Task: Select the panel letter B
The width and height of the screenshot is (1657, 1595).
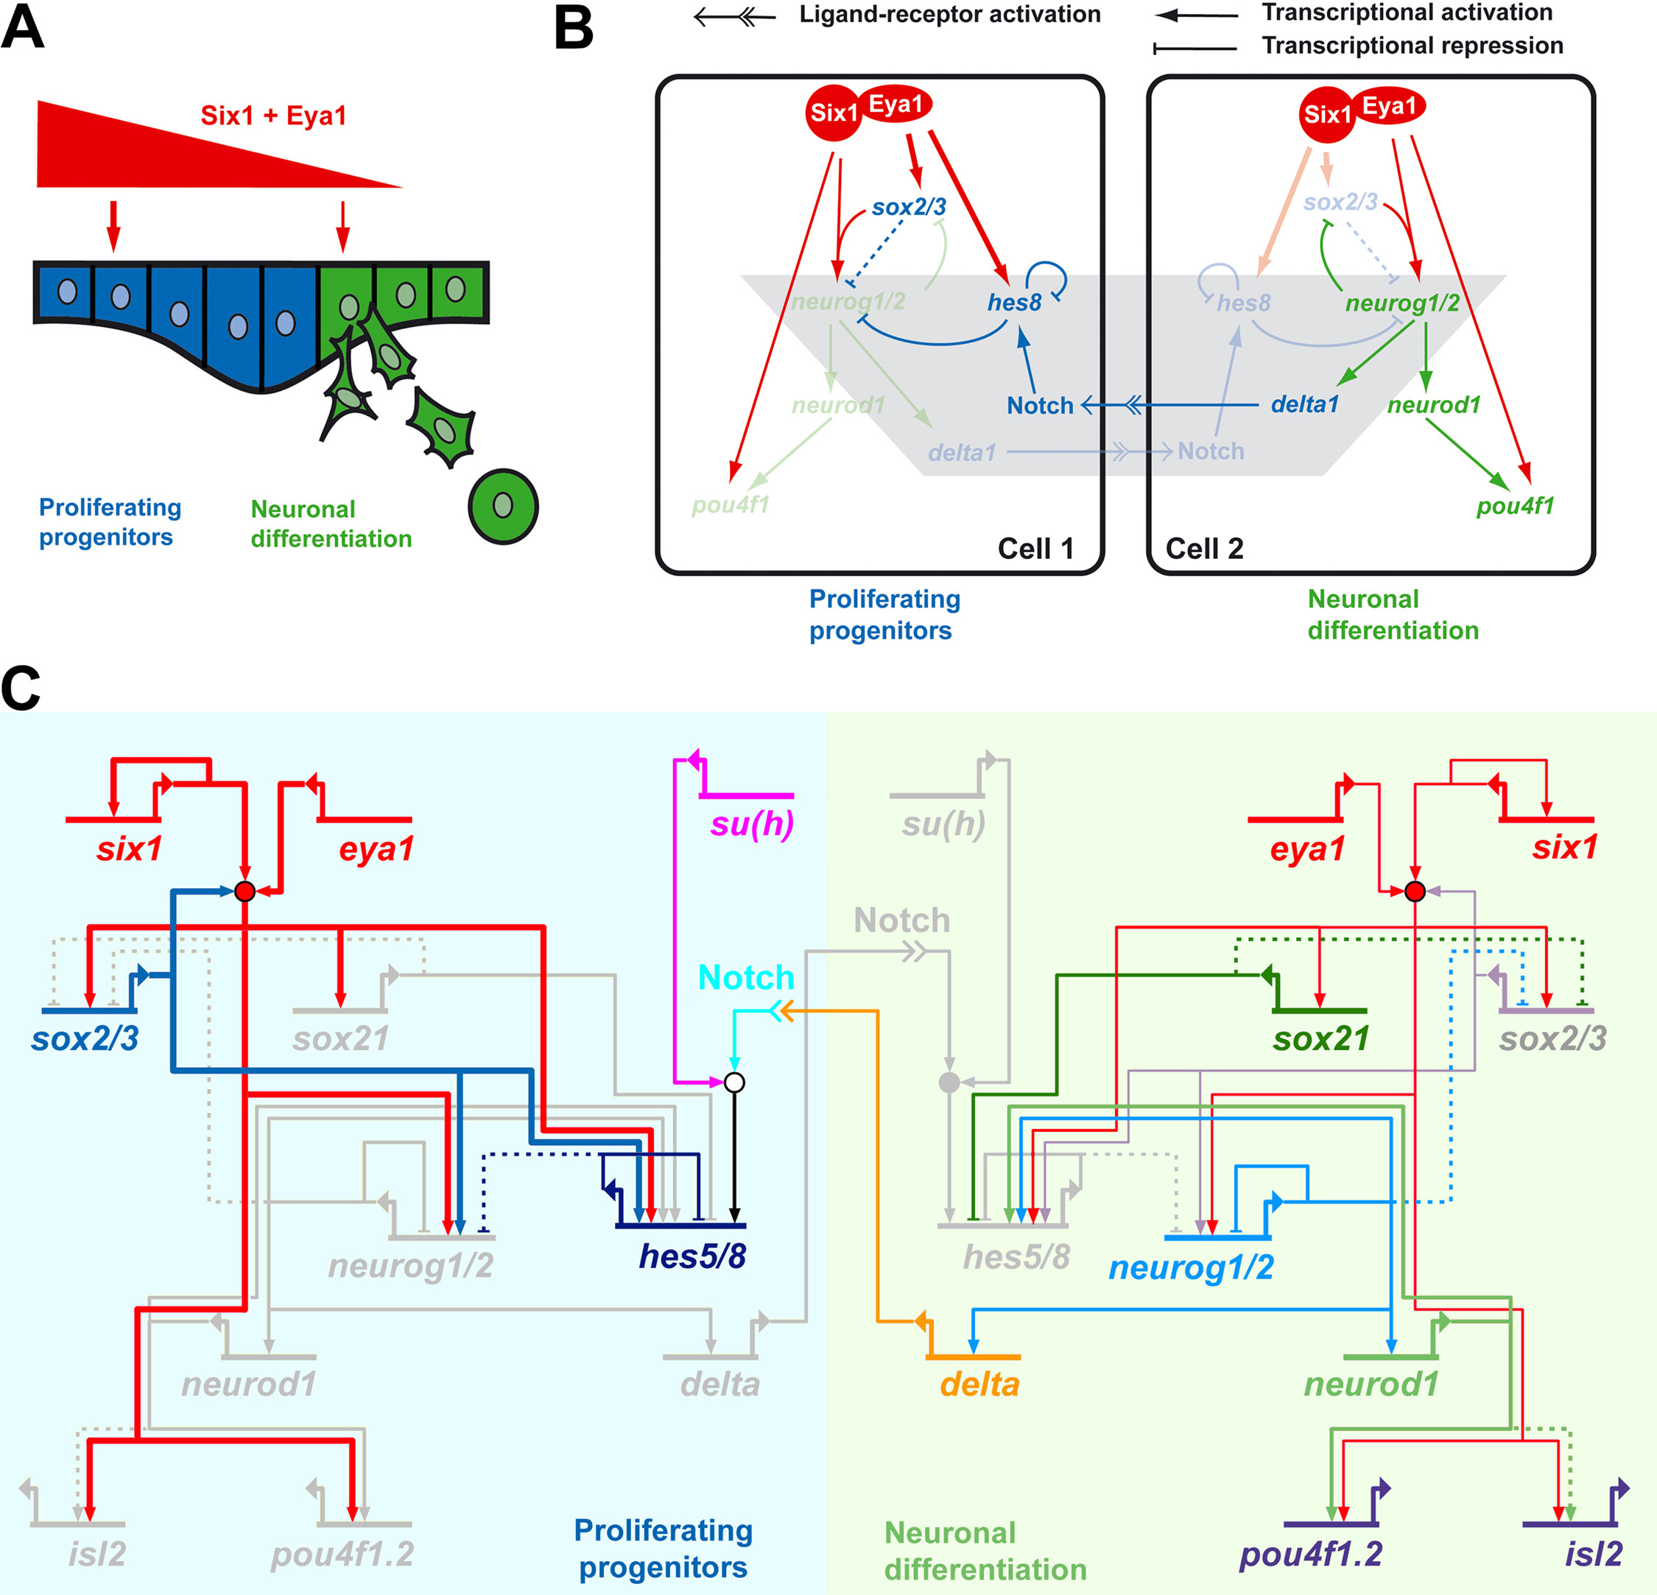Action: click(573, 29)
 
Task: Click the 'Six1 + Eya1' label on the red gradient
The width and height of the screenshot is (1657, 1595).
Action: click(273, 116)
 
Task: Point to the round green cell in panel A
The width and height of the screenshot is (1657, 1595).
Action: click(503, 507)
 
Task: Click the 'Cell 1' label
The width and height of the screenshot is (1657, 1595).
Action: click(1035, 549)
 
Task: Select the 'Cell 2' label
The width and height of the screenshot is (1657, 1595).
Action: click(1204, 549)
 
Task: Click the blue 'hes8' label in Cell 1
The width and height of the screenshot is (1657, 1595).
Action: click(1015, 303)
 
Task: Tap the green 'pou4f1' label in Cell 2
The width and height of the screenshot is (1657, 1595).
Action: click(1515, 507)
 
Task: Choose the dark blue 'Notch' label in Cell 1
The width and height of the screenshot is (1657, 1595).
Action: click(1040, 406)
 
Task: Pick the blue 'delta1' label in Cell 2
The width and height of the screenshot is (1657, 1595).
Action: click(1304, 405)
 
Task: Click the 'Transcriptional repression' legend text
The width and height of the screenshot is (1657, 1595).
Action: click(1412, 46)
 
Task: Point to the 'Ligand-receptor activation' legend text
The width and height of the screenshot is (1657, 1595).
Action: click(949, 15)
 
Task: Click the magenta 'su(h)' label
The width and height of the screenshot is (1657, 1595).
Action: click(752, 824)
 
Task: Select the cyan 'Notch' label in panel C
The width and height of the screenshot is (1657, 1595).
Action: click(745, 978)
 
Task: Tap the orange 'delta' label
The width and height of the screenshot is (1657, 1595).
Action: click(979, 1384)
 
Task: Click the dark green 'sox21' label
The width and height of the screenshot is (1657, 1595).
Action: click(1320, 1039)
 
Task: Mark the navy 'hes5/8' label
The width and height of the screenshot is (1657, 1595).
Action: click(692, 1257)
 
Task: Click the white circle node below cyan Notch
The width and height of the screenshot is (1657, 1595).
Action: click(735, 1082)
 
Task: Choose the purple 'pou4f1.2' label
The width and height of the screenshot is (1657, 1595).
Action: click(1310, 1554)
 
